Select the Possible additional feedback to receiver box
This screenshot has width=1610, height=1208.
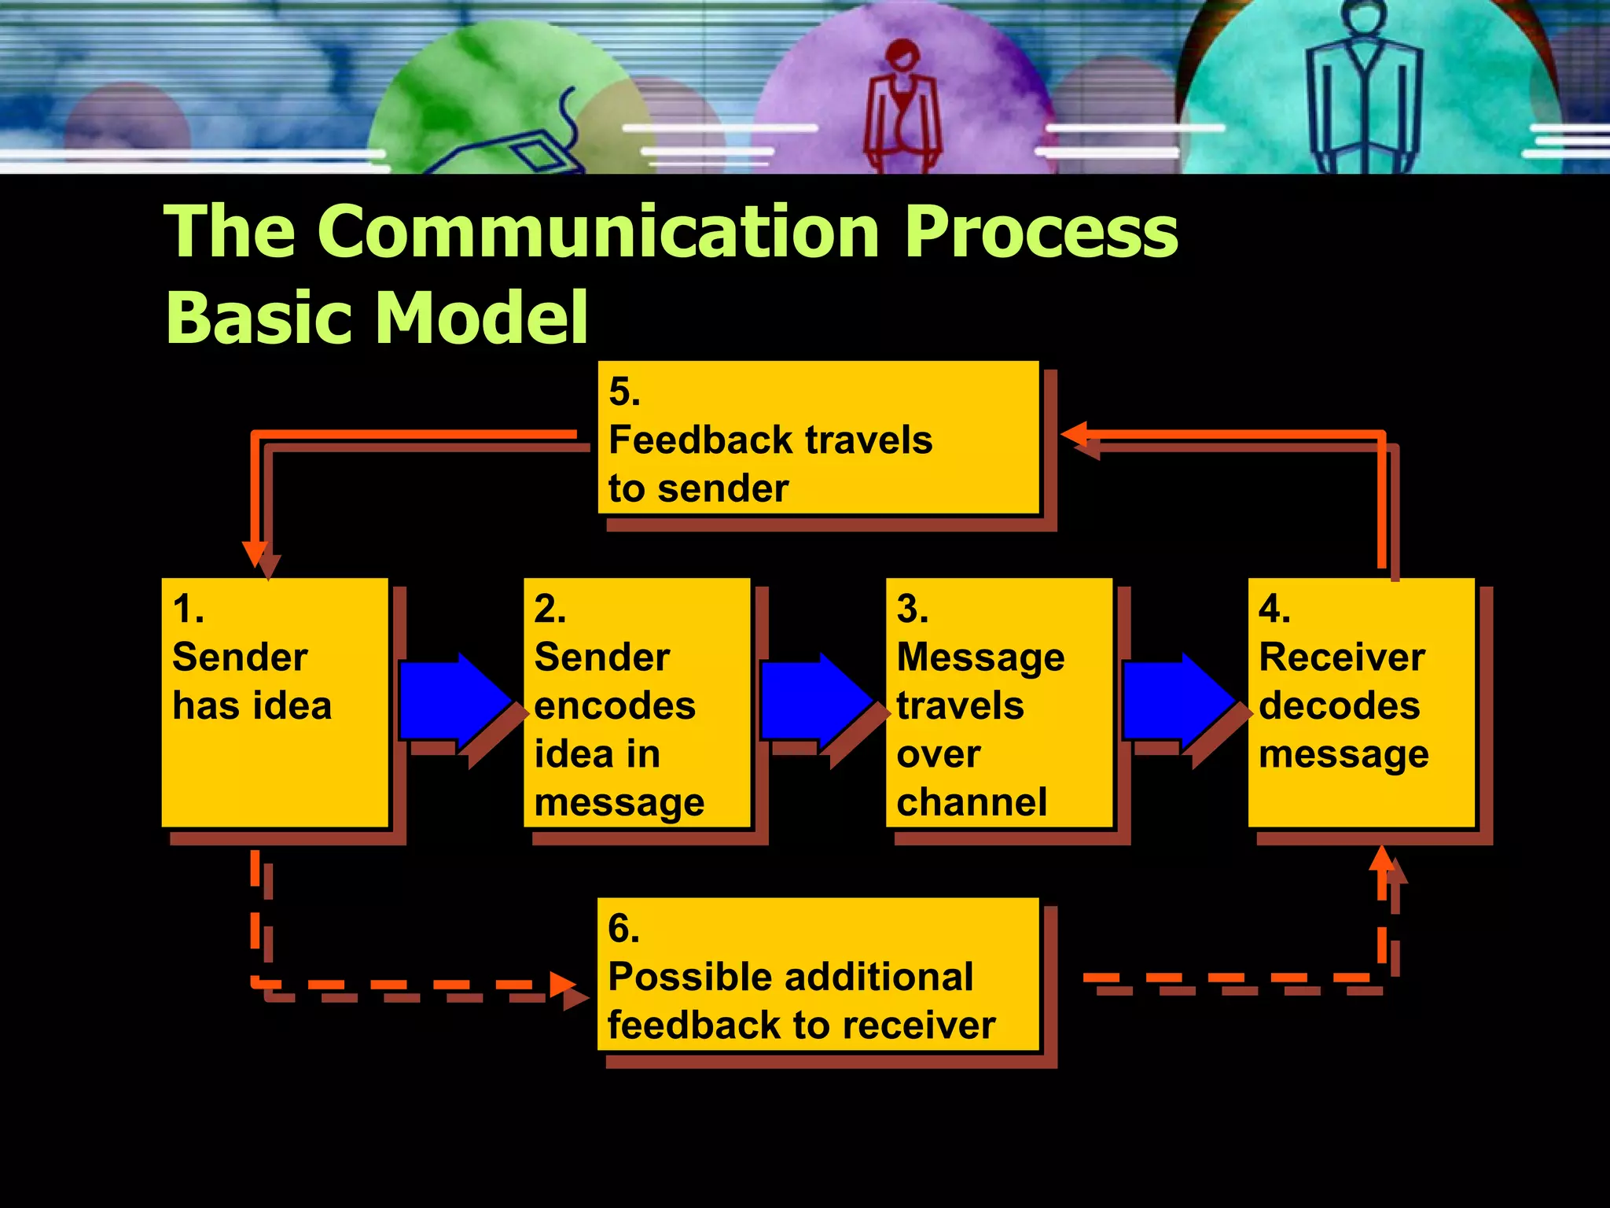[x=818, y=974]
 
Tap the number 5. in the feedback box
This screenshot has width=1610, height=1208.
[x=624, y=392]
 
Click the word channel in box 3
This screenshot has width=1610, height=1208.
[x=972, y=802]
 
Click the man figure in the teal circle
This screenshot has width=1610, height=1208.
[x=1363, y=87]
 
